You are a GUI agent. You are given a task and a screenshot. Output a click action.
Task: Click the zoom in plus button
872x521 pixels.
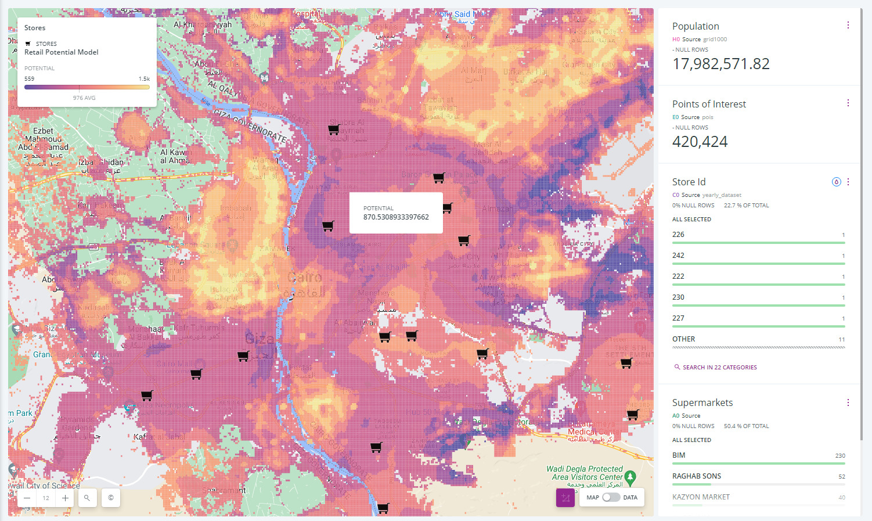65,498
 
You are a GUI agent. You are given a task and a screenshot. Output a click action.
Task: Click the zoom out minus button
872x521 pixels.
27,498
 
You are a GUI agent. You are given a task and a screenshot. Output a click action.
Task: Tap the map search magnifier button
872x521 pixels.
87,498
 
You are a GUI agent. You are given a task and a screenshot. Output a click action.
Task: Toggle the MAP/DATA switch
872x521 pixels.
611,497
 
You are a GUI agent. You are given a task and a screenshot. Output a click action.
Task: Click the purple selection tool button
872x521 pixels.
565,498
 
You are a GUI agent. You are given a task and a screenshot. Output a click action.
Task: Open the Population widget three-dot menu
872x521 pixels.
848,26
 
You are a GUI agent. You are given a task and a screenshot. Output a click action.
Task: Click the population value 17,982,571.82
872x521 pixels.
720,64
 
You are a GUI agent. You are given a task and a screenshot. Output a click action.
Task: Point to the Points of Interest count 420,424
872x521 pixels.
700,142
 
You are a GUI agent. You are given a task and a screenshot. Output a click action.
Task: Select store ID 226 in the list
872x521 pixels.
678,235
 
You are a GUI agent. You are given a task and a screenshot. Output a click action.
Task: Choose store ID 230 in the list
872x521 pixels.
678,297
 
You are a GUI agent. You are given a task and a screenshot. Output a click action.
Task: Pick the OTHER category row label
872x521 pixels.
683,339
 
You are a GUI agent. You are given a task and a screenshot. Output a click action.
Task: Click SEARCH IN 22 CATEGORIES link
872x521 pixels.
719,368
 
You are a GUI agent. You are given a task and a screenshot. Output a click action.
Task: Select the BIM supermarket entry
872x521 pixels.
679,455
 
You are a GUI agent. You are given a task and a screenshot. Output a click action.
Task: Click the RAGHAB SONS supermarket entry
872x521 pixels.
696,476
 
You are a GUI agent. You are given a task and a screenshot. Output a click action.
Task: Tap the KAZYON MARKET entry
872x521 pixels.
701,497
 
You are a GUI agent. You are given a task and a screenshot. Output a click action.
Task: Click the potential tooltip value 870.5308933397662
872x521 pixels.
396,217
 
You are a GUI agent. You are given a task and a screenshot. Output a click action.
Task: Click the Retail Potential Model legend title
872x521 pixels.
62,52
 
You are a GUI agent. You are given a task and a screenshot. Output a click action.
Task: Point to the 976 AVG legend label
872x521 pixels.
84,98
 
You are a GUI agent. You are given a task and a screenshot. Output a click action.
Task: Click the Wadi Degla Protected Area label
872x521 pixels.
584,473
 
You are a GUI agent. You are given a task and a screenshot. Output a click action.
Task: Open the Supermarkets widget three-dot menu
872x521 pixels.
848,403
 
